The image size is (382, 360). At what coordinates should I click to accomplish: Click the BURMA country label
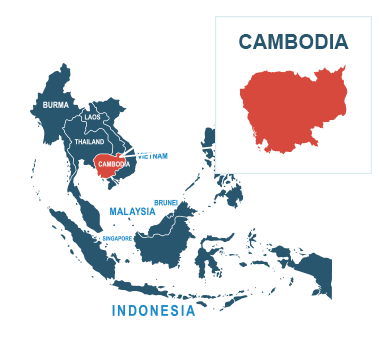point(56,105)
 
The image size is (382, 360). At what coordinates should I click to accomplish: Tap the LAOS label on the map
point(92,117)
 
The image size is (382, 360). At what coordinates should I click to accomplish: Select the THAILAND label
point(89,142)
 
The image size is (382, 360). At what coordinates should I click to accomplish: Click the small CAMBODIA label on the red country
point(114,164)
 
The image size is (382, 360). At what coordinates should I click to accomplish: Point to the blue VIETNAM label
point(152,156)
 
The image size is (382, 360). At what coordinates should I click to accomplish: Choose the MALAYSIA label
point(132,211)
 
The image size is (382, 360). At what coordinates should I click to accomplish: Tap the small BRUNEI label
point(166,202)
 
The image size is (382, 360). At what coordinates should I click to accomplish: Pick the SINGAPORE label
point(117,238)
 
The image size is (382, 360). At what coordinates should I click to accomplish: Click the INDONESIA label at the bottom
point(153,311)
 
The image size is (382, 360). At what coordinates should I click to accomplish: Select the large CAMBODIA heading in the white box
point(293,42)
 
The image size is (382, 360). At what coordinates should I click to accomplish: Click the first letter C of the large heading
point(245,42)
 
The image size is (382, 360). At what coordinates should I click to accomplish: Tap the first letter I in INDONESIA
point(114,311)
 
